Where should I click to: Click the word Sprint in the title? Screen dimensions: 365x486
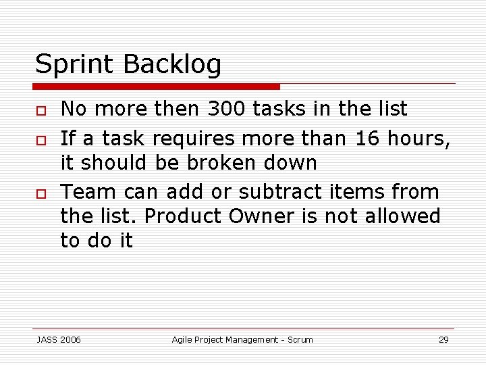pyautogui.click(x=76, y=64)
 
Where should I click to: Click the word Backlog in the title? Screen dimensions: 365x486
pyautogui.click(x=172, y=66)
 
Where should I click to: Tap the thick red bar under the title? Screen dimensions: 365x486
pyautogui.click(x=157, y=87)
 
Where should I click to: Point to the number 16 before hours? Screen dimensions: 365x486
pyautogui.click(x=367, y=138)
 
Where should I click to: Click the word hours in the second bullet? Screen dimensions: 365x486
pyautogui.click(x=418, y=138)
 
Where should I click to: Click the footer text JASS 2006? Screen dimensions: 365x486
pyautogui.click(x=58, y=339)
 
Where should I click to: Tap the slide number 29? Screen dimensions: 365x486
pyautogui.click(x=443, y=339)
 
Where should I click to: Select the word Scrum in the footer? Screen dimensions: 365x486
pyautogui.click(x=300, y=339)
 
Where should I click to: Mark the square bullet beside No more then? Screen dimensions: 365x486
pyautogui.click(x=40, y=109)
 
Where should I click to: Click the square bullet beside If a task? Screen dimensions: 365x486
pyautogui.click(x=40, y=139)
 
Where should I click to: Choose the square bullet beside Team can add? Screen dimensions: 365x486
pyautogui.click(x=40, y=193)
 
